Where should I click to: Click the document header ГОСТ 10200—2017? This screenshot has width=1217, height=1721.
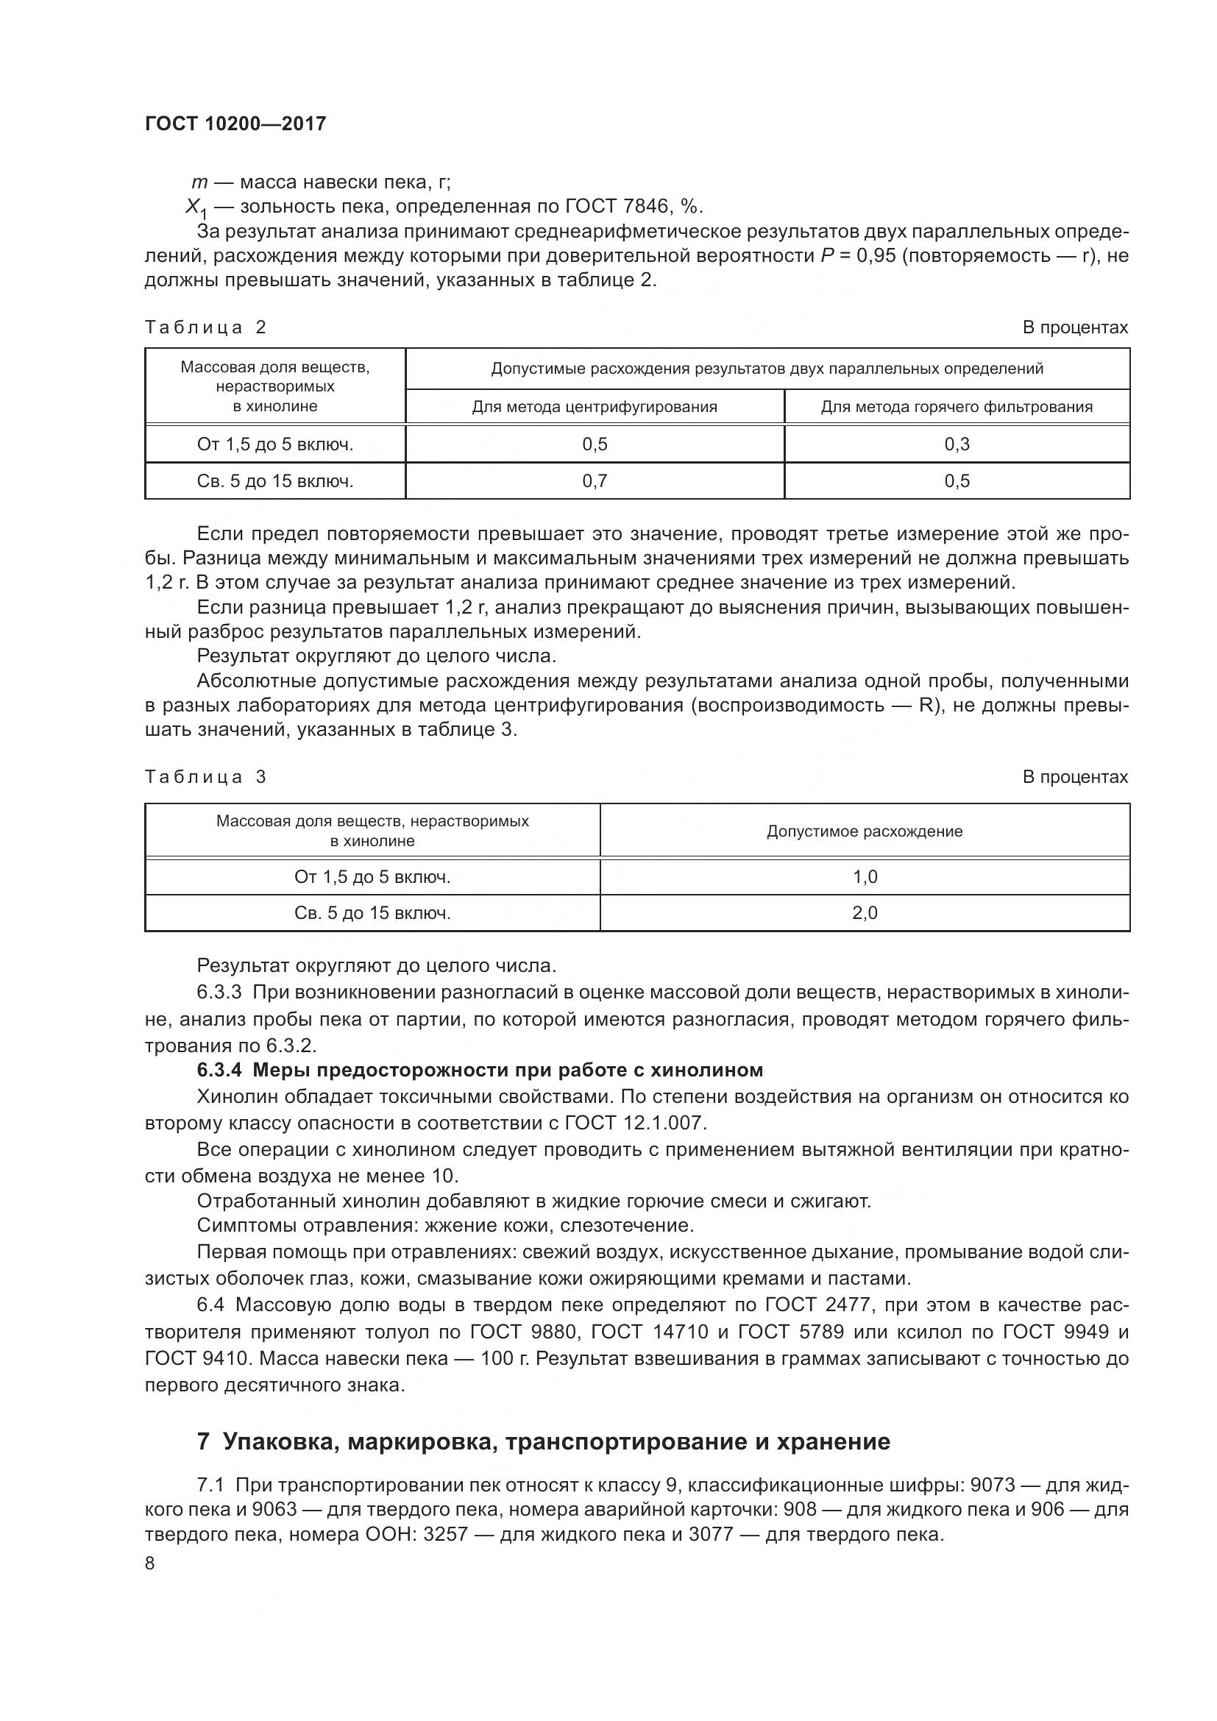(x=235, y=124)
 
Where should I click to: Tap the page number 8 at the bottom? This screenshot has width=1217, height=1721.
(x=150, y=1563)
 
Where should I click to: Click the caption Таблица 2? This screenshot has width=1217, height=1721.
(x=205, y=327)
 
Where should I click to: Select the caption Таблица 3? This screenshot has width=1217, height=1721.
(x=205, y=776)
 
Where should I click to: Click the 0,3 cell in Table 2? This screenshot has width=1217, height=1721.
(x=957, y=444)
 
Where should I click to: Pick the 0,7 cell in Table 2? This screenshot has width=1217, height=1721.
(x=595, y=481)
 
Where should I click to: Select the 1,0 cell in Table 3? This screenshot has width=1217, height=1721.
(x=865, y=877)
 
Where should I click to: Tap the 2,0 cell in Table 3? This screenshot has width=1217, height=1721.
(x=865, y=913)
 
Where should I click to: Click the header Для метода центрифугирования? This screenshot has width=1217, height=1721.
(x=595, y=407)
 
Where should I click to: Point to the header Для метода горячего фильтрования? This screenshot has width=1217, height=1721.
(x=957, y=407)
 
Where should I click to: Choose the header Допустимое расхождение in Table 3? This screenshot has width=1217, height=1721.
(x=865, y=831)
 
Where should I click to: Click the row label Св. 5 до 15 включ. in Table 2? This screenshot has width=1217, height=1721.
(x=275, y=481)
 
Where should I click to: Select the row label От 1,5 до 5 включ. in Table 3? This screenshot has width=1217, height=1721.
(x=372, y=877)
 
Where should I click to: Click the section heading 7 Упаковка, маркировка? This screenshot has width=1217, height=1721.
(x=543, y=1441)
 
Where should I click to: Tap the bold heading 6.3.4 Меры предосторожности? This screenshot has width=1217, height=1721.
(x=480, y=1070)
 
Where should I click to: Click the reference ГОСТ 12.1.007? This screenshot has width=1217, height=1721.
(x=635, y=1123)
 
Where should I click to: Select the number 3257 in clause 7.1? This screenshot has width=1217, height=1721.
(x=446, y=1534)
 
